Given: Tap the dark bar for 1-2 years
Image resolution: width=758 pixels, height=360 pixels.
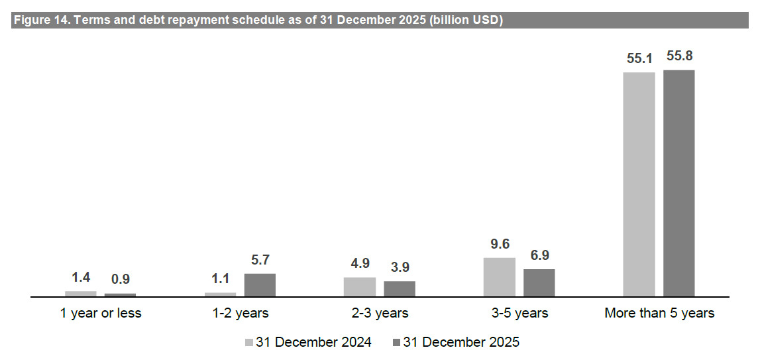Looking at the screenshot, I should click(260, 285).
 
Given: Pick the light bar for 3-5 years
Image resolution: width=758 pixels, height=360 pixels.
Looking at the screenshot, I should click(500, 276).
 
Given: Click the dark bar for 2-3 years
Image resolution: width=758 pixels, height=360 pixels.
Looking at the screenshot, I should click(400, 288).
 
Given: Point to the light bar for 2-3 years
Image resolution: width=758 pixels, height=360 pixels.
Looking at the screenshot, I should click(360, 286).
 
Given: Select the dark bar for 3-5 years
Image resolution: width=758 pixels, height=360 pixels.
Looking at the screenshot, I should click(539, 282).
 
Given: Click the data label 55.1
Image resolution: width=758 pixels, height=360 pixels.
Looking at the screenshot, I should click(639, 58).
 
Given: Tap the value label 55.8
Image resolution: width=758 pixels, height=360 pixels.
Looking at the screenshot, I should click(679, 56).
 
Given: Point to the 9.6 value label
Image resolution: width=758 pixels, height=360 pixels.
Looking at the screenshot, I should click(500, 244).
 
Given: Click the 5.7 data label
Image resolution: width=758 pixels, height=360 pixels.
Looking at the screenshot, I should click(260, 260).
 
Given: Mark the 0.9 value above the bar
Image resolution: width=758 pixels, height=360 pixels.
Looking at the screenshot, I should click(121, 280).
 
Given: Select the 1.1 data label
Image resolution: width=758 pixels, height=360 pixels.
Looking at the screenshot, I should click(220, 279).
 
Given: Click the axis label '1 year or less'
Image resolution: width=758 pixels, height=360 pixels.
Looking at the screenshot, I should click(101, 313).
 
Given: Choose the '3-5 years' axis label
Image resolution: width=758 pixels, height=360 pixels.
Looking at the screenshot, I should click(519, 313).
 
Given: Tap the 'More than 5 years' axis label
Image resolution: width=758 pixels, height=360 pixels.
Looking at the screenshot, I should click(659, 313).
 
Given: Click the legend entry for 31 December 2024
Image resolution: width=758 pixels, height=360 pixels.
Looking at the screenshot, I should click(308, 343).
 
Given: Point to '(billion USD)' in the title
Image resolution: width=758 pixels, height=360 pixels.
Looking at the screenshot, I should click(466, 21).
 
